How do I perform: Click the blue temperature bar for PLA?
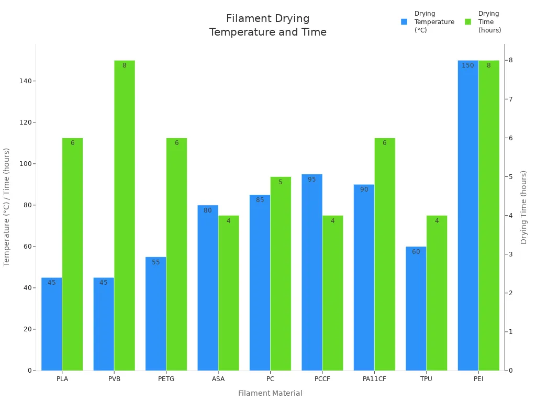(52, 325)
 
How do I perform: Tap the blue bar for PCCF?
(312, 272)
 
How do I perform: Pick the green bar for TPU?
(437, 293)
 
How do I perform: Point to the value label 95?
(312, 180)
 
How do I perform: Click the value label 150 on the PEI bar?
(467, 65)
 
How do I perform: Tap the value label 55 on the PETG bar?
(156, 262)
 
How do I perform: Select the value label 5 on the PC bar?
(281, 182)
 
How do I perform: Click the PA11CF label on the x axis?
(374, 379)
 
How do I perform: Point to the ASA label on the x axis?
(218, 379)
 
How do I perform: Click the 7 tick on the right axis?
(510, 99)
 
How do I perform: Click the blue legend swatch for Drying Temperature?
(404, 22)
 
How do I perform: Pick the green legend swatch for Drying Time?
(468, 22)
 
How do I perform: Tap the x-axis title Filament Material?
(270, 393)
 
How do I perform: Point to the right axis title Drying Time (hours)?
(524, 207)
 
